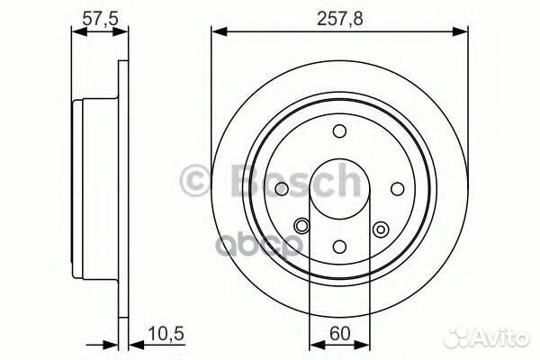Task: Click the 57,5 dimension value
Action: pos(95,16)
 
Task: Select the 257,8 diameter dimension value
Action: pos(340,16)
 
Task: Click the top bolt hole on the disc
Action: pos(340,131)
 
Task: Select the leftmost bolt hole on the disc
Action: pos(283,188)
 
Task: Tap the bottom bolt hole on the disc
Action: pos(340,245)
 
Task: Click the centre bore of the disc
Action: pos(340,188)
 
